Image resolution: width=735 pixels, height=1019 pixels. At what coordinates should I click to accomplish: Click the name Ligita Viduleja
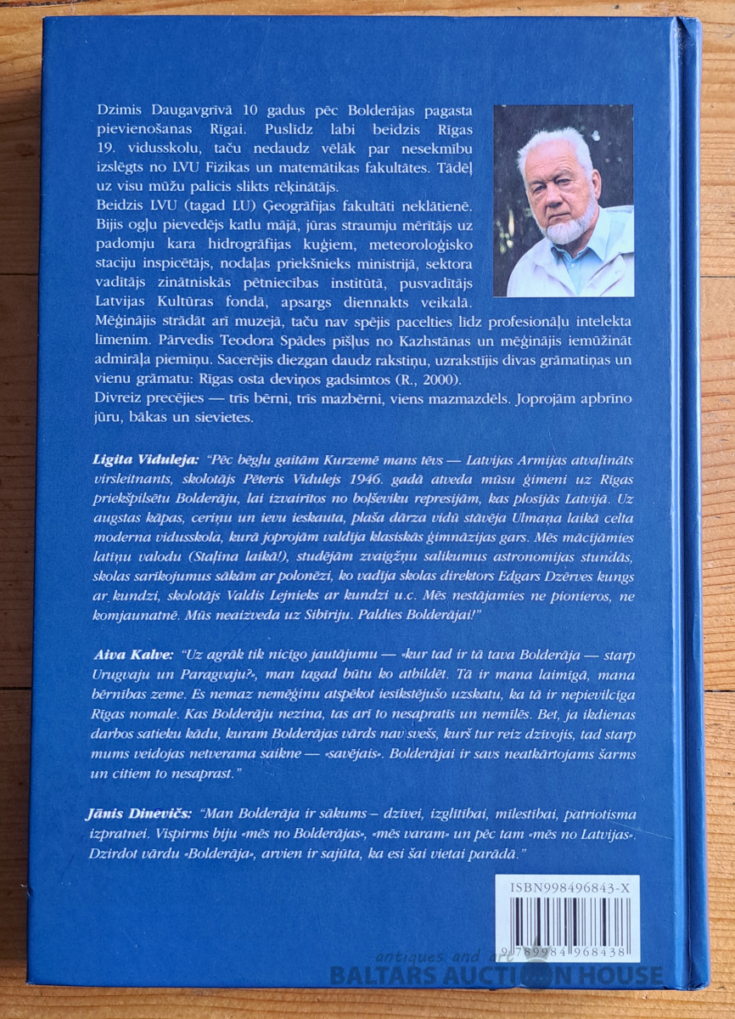click(x=130, y=459)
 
